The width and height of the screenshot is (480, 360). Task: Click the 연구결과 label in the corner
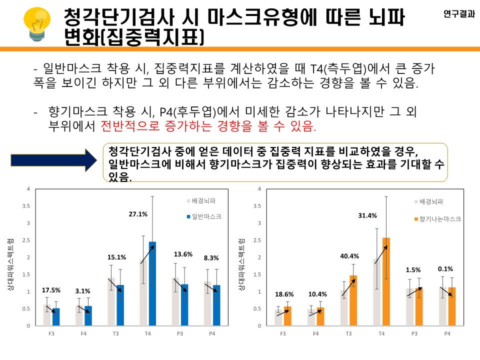point(459,14)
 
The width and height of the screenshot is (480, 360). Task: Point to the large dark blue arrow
point(53,159)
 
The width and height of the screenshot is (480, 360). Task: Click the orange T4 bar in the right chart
point(386,282)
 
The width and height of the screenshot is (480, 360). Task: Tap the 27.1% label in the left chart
point(138,214)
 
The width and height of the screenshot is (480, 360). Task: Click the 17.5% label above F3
point(50,290)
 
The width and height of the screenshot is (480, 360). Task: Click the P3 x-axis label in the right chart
point(414,333)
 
